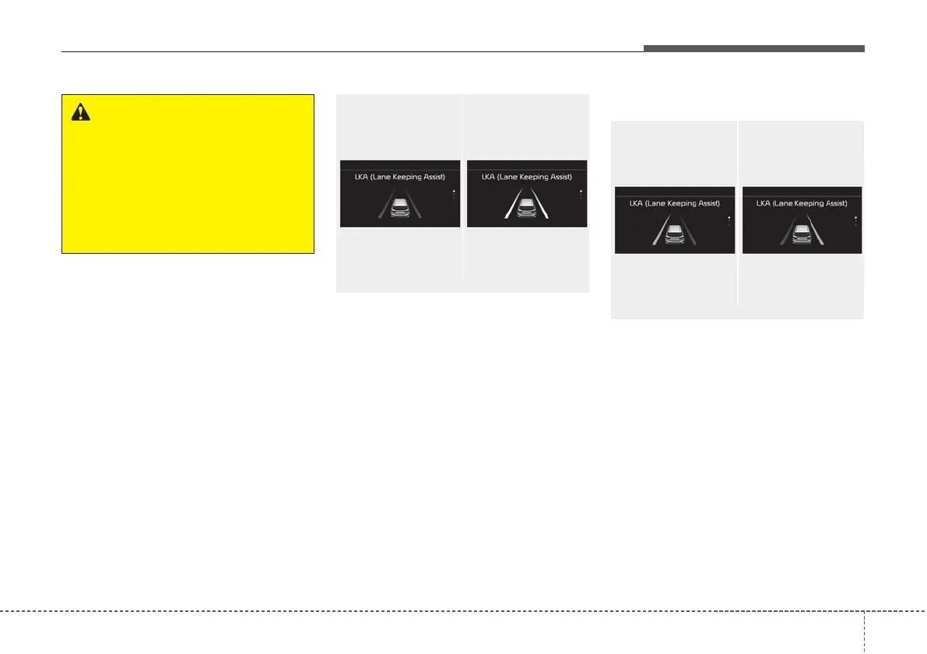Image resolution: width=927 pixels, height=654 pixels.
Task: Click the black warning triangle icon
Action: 80,112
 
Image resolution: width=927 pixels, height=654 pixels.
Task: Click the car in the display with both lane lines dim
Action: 400,208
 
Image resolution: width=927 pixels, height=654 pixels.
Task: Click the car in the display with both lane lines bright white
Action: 527,208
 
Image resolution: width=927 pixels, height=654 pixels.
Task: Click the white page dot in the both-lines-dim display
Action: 454,191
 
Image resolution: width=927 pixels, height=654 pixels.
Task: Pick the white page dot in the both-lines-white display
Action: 581,191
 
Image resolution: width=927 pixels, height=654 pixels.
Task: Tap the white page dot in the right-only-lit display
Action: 855,217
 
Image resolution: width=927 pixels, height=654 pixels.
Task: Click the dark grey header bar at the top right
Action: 753,48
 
